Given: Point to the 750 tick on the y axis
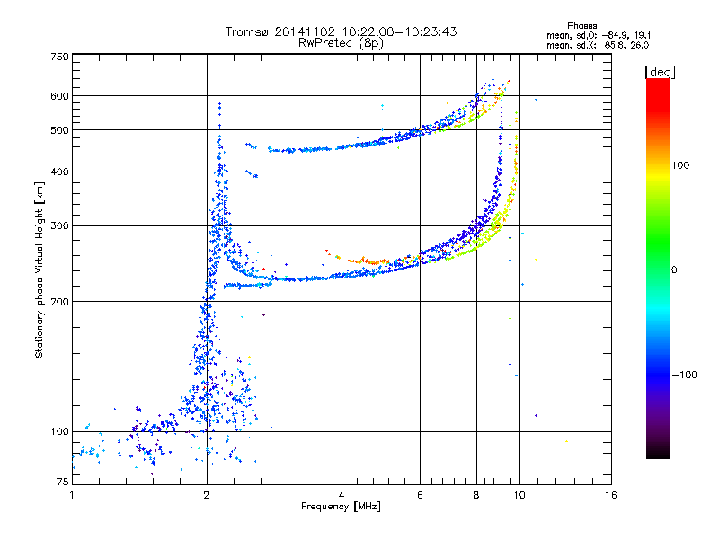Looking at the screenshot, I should [x=58, y=57].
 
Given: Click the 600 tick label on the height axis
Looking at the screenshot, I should [x=58, y=96].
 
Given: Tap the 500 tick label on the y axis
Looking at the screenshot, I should [x=58, y=130].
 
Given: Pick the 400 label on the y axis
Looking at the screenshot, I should [x=58, y=172].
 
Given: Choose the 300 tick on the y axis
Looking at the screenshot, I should [x=58, y=225].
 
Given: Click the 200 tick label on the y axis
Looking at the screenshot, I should [x=58, y=301].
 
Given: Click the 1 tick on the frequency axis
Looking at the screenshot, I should [x=72, y=495].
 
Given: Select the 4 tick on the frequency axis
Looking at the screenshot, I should [x=342, y=495].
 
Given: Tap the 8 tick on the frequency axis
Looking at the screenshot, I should [x=476, y=495].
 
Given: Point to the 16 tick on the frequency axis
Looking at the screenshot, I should [x=611, y=495].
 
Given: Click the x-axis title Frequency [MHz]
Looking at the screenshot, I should [x=340, y=508].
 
